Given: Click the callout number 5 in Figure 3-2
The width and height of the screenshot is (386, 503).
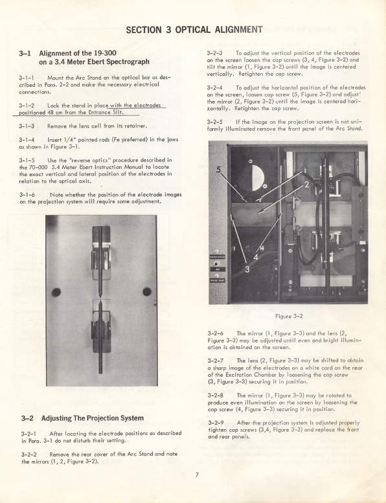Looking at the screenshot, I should (220, 172).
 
